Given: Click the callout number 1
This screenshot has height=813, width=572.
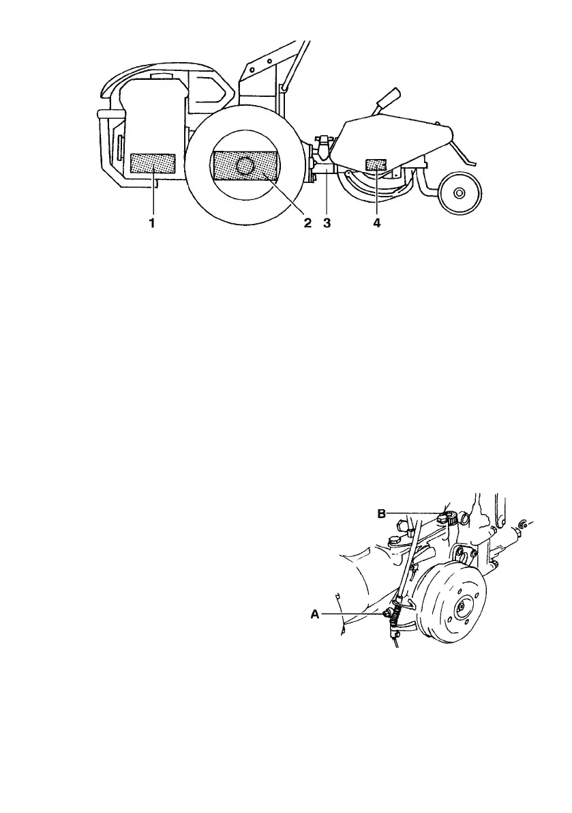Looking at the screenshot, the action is tap(152, 223).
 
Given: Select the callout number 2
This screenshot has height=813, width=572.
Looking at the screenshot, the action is tap(307, 223).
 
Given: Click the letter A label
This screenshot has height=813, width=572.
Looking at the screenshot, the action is tap(315, 614).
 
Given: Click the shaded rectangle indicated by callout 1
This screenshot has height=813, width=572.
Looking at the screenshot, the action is tap(153, 164).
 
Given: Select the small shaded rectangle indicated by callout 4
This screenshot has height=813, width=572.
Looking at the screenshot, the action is tap(376, 165).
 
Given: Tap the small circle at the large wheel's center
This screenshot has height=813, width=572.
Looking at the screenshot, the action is tap(245, 165).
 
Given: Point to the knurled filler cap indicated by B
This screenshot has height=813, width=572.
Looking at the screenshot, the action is tap(449, 517).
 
